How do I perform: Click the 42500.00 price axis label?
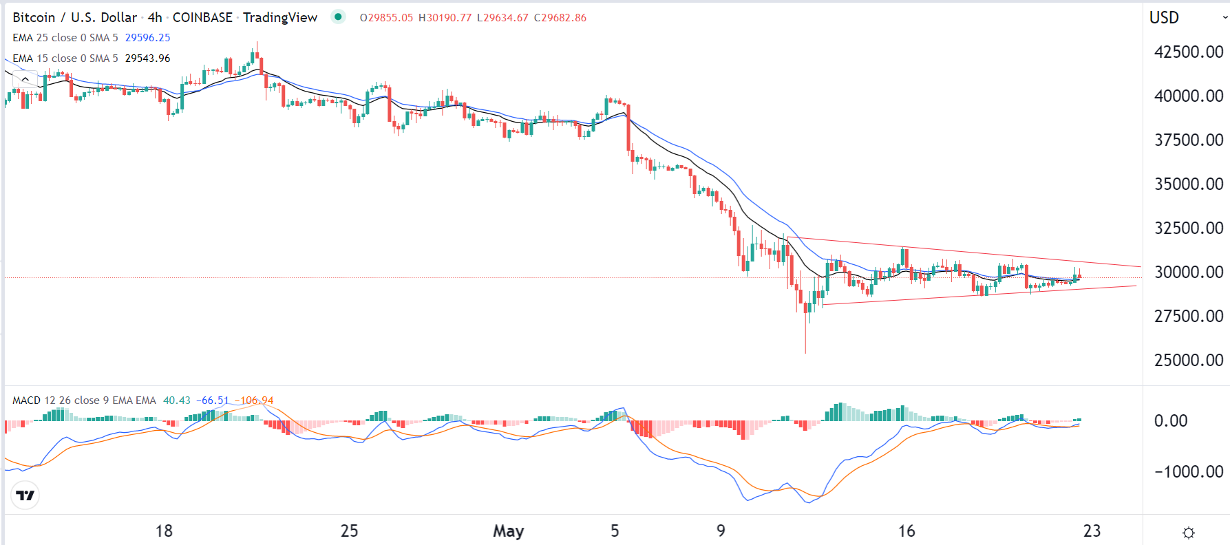click(1188, 52)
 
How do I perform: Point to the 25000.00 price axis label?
click(1188, 360)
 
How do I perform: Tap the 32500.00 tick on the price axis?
click(1188, 228)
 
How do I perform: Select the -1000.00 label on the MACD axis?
click(1188, 471)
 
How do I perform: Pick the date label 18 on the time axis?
click(164, 531)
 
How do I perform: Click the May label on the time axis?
click(508, 531)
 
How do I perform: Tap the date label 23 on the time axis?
click(1092, 531)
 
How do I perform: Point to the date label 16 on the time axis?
click(906, 531)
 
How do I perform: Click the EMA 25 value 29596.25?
click(147, 38)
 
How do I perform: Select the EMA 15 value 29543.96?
click(147, 58)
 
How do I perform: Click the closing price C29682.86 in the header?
click(560, 18)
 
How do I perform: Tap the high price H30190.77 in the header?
click(445, 18)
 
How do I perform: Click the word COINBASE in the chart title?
click(202, 18)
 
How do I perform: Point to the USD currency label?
click(1164, 18)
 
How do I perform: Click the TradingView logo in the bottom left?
click(25, 495)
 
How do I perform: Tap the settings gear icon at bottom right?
click(1188, 533)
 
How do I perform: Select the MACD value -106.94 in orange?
click(254, 400)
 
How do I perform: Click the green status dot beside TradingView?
click(338, 17)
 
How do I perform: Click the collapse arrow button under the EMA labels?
click(25, 79)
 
